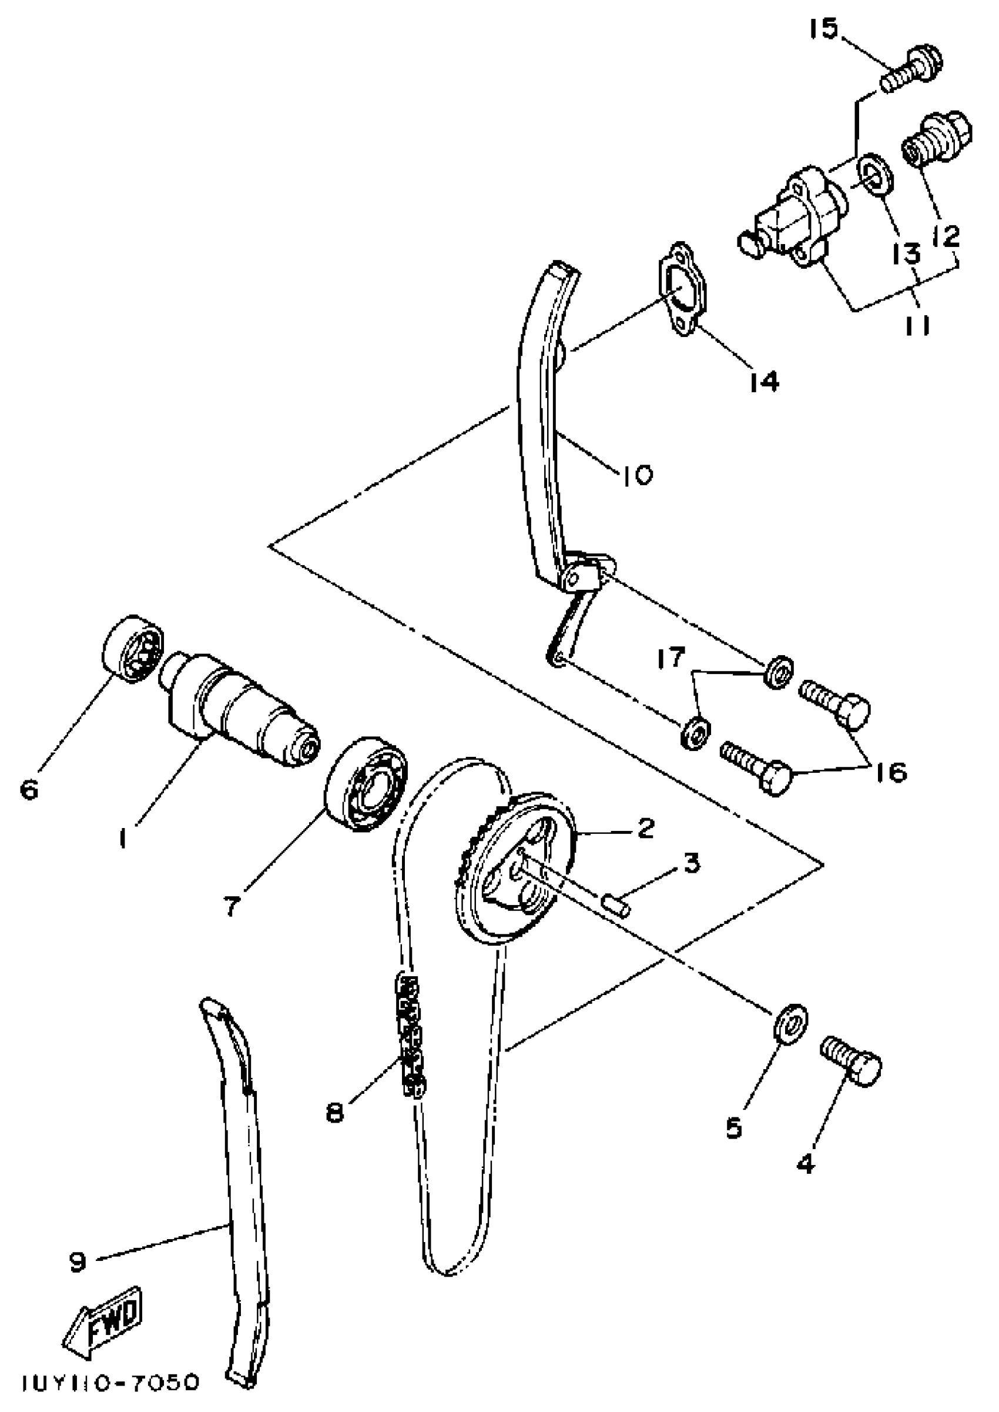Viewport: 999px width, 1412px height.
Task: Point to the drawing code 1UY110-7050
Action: tap(111, 1383)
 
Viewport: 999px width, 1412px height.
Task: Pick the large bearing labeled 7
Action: tap(367, 783)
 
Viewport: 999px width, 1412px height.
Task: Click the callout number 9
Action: tap(79, 1262)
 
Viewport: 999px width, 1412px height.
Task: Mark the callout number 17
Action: tap(670, 657)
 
